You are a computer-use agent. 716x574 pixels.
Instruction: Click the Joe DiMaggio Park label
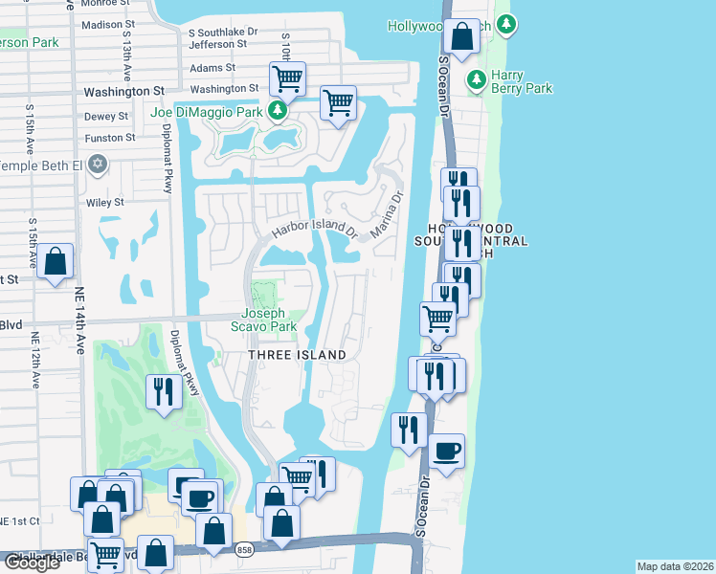click(x=207, y=112)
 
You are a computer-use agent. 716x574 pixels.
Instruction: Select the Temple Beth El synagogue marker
click(x=96, y=166)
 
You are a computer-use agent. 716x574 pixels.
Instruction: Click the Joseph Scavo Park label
click(x=269, y=320)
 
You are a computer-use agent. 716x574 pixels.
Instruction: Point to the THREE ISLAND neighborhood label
click(x=298, y=355)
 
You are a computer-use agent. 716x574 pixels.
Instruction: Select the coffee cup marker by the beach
click(x=447, y=450)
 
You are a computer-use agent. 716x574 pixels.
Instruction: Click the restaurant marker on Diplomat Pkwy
click(x=163, y=390)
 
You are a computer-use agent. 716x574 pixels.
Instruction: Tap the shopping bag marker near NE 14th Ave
click(x=56, y=260)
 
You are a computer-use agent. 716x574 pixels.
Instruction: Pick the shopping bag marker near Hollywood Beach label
click(x=463, y=38)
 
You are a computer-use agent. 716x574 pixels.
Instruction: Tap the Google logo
click(x=32, y=563)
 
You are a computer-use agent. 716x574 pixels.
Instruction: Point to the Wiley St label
click(x=105, y=203)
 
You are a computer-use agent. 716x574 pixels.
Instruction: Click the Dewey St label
click(x=106, y=117)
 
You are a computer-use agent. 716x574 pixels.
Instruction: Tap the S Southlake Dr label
click(x=223, y=32)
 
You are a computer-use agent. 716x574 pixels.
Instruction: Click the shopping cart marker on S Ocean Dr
click(x=438, y=319)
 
